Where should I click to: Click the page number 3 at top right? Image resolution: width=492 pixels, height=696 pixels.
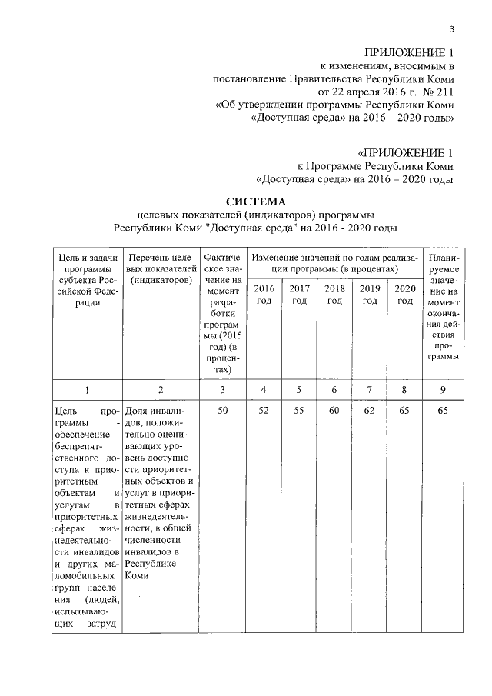click(453, 30)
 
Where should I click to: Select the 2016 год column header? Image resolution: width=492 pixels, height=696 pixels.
click(264, 294)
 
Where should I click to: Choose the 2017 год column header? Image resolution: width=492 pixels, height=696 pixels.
click(299, 294)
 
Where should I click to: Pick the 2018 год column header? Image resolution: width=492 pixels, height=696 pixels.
click(334, 294)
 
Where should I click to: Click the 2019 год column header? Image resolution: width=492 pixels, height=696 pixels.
click(370, 294)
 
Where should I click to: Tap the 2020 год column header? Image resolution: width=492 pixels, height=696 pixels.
click(404, 294)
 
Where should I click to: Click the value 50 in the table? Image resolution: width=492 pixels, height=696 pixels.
click(223, 411)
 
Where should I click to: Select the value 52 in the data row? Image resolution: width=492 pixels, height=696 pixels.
click(264, 411)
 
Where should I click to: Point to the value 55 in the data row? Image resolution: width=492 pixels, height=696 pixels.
click(299, 411)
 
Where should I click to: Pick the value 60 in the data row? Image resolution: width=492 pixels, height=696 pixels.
click(334, 411)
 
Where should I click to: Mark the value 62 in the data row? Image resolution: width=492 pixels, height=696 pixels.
click(370, 411)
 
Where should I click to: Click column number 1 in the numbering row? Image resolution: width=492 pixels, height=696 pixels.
click(87, 389)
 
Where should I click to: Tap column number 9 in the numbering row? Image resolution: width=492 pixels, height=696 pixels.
click(442, 389)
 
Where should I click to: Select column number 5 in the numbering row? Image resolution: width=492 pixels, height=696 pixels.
click(299, 389)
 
